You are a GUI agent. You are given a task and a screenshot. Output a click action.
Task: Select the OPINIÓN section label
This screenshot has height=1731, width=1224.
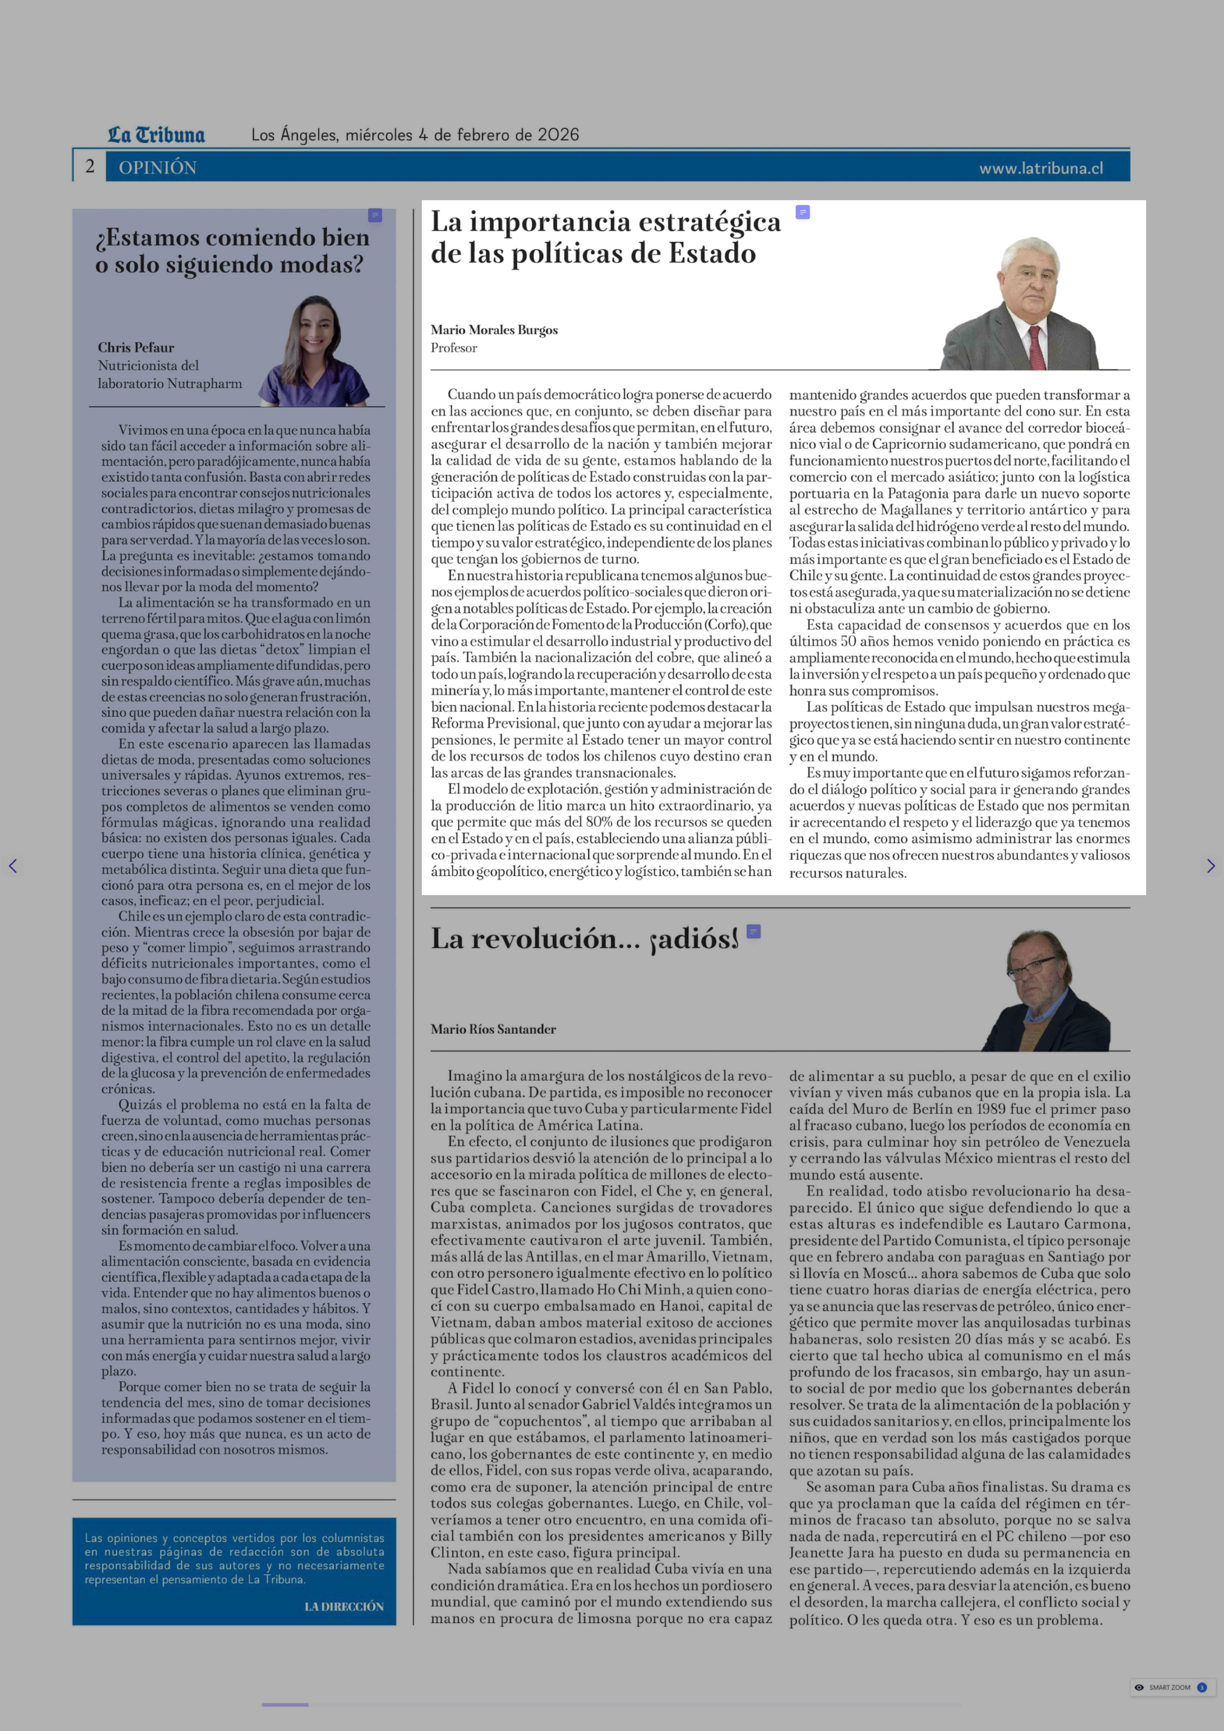(157, 167)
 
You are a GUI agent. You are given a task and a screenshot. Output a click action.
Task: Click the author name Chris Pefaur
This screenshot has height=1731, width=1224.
(136, 347)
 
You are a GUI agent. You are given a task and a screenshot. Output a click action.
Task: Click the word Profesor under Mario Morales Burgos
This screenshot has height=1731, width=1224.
(454, 347)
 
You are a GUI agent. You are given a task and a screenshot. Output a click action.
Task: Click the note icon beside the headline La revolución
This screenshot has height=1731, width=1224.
(753, 931)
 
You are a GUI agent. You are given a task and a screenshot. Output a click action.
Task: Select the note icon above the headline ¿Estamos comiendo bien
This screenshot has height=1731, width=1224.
(375, 216)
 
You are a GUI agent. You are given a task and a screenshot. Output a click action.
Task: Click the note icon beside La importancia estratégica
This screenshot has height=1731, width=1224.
(803, 213)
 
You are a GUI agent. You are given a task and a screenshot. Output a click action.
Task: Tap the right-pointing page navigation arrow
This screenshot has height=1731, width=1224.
(1211, 866)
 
